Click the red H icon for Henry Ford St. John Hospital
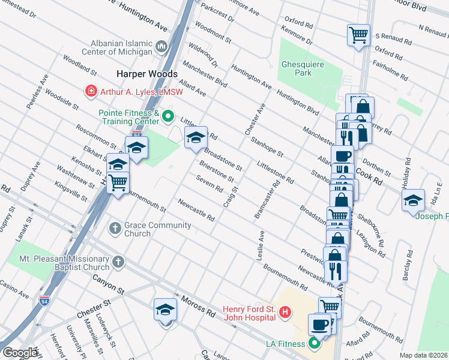click(x=285, y=313)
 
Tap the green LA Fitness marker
click(x=313, y=344)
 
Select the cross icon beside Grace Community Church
click(x=115, y=229)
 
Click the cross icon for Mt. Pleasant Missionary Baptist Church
click(x=118, y=262)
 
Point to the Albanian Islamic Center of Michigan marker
click(x=161, y=46)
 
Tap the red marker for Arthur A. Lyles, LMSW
click(x=91, y=91)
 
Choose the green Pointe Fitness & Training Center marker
click(x=169, y=116)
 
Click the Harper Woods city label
click(x=147, y=74)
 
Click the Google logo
click(x=20, y=352)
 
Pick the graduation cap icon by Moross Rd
click(x=165, y=310)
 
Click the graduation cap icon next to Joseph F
click(x=413, y=200)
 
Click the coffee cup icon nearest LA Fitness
click(x=319, y=325)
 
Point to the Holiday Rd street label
click(x=408, y=172)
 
